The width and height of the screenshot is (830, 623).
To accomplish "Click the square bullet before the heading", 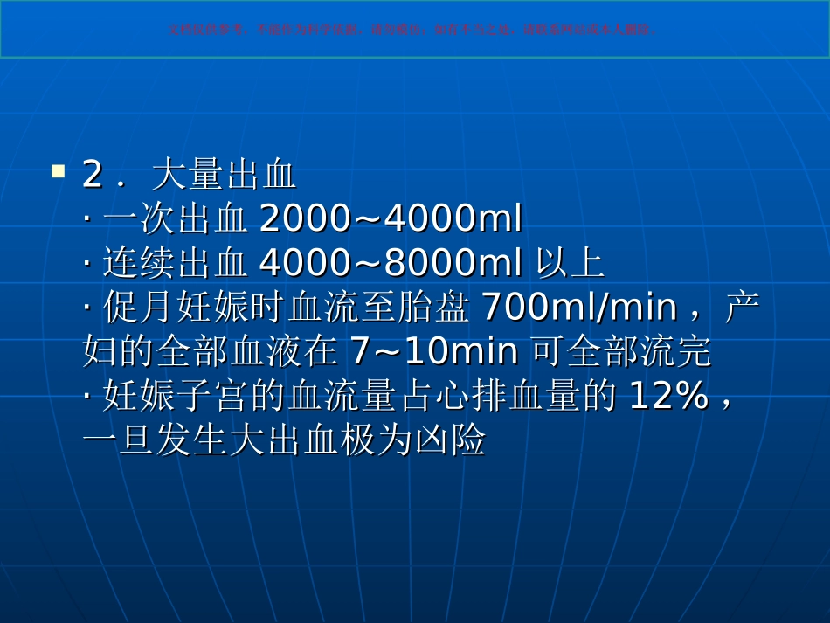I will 59,170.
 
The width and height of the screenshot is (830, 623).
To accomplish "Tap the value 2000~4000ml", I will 391,220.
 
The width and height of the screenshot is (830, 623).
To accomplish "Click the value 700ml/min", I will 579,308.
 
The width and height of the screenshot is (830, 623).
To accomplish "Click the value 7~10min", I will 434,353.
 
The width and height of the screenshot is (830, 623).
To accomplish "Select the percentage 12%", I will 668,398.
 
